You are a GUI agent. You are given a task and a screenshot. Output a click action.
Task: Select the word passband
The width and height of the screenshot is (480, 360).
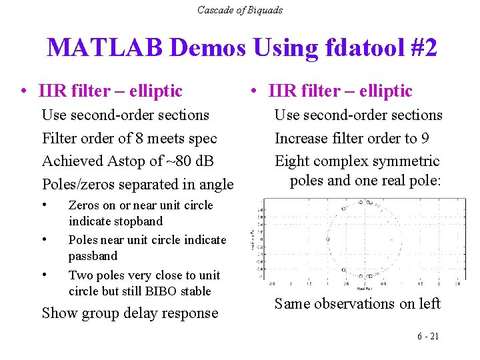point(93,256)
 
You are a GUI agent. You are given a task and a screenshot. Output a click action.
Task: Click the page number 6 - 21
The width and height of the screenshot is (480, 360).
point(427,336)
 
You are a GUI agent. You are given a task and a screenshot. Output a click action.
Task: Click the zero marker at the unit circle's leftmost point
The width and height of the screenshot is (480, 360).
point(327,239)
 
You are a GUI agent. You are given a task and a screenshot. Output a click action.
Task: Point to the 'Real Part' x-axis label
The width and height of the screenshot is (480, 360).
point(365,288)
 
